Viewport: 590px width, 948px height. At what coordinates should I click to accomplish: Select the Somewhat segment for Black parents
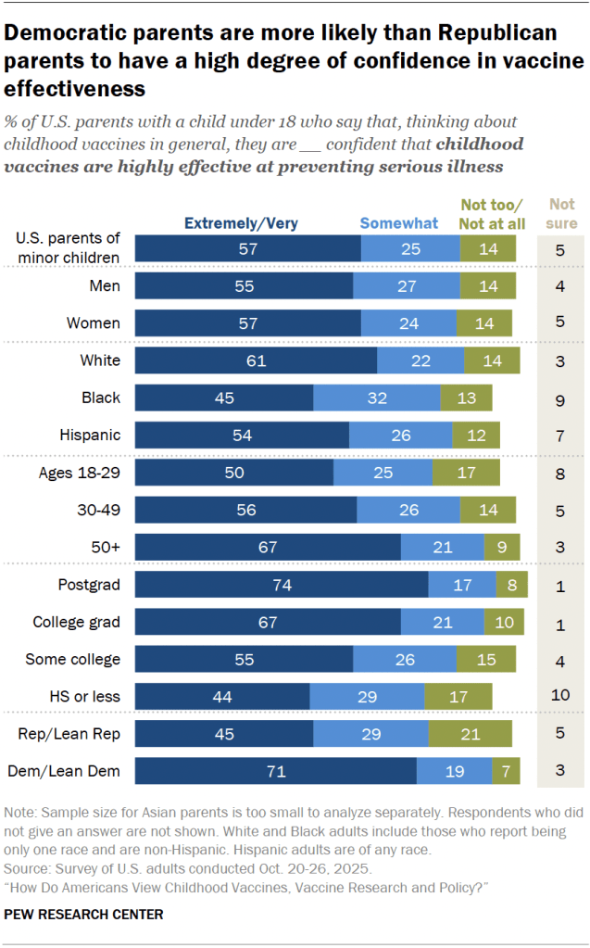pyautogui.click(x=377, y=397)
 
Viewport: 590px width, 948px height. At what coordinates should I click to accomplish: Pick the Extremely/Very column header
pyautogui.click(x=241, y=222)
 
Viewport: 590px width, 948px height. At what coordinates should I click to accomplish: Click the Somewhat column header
pyautogui.click(x=399, y=222)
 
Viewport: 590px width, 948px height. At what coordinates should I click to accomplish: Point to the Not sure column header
pyautogui.click(x=561, y=213)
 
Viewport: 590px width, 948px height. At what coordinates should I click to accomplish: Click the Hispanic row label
pyautogui.click(x=92, y=434)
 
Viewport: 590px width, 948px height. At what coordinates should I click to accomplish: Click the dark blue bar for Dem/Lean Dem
pyautogui.click(x=276, y=770)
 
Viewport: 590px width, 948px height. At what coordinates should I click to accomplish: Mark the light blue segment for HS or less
pyautogui.click(x=367, y=696)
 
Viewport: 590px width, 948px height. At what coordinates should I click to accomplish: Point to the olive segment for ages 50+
pyautogui.click(x=501, y=547)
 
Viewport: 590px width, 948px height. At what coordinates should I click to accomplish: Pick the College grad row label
pyautogui.click(x=78, y=621)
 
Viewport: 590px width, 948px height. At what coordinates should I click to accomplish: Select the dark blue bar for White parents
pyautogui.click(x=256, y=360)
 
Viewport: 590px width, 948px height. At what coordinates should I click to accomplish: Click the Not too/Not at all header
pyautogui.click(x=493, y=213)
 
